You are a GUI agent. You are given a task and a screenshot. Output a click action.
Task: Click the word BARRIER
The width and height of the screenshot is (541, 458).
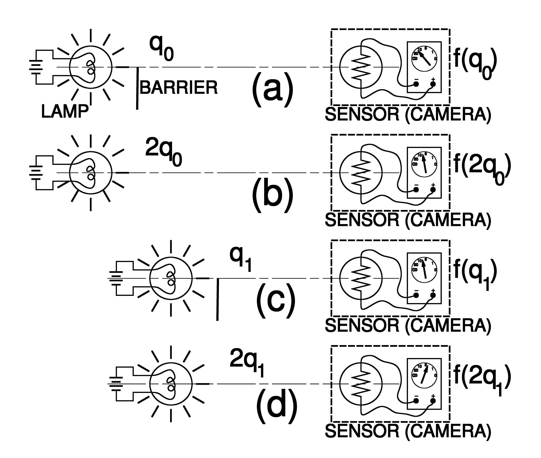point(179,88)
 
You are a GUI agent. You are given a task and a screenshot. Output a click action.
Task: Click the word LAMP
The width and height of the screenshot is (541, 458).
point(65,112)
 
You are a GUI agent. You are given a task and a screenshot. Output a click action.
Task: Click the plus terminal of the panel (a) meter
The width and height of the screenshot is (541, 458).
point(433,84)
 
